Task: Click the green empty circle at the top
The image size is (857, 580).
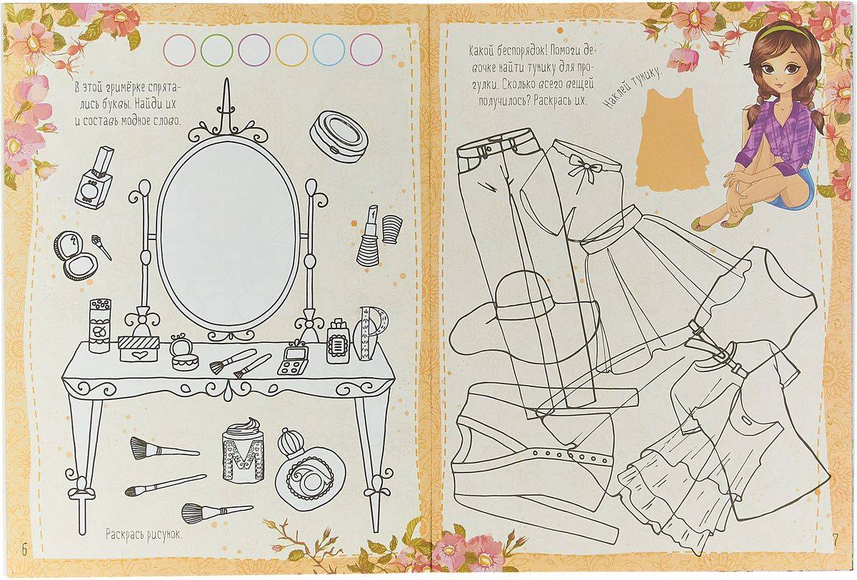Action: pyautogui.click(x=217, y=50)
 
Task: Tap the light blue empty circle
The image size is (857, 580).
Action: pyautogui.click(x=329, y=50)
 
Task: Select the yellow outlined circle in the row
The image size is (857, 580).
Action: pyautogui.click(x=291, y=50)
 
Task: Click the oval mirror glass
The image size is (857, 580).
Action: pyautogui.click(x=229, y=234)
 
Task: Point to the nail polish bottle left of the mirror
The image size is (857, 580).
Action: pyautogui.click(x=94, y=178)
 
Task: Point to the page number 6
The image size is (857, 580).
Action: pyautogui.click(x=24, y=550)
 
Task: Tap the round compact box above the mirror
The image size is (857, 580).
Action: pyautogui.click(x=339, y=136)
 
